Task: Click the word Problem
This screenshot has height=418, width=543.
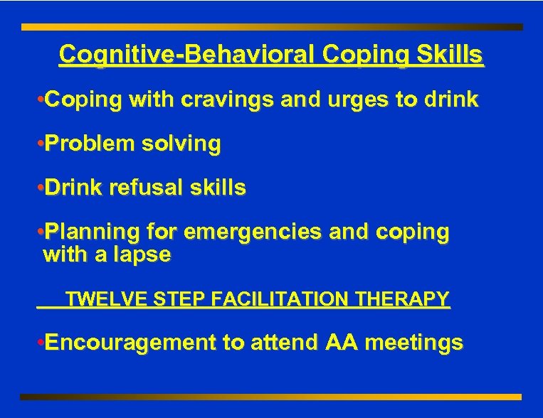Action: pos(90,144)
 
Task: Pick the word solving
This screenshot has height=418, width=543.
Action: pos(181,144)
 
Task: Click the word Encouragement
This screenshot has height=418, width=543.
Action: pos(131,343)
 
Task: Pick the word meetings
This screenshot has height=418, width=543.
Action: pos(416,343)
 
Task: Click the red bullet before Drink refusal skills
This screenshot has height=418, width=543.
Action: pos(39,188)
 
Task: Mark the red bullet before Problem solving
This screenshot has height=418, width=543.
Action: pos(39,144)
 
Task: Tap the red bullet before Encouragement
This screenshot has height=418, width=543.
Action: pos(39,343)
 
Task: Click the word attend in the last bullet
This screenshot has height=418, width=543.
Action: pos(283,343)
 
